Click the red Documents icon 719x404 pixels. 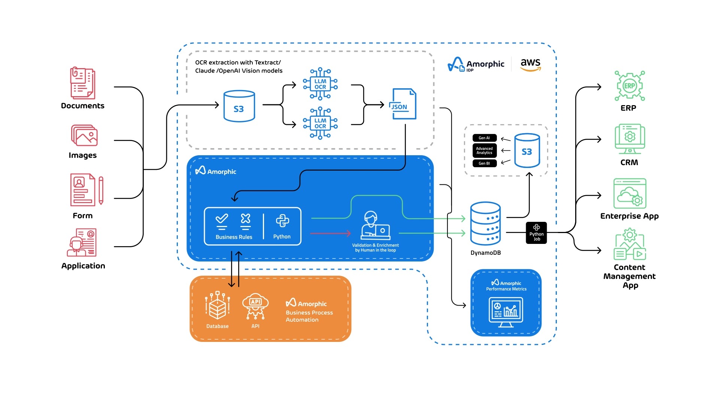(82, 83)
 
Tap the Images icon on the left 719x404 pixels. (84, 135)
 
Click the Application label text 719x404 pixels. (83, 266)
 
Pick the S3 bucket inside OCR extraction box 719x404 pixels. (239, 106)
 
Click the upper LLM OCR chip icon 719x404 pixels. (320, 84)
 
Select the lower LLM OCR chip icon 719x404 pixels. (320, 123)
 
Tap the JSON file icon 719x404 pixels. (403, 104)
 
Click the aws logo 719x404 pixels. (531, 64)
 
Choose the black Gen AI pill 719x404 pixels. (484, 138)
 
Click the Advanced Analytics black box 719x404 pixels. (484, 150)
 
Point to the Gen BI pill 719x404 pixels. (484, 163)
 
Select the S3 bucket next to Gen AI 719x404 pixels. (527, 151)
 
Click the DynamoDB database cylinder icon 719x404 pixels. (485, 224)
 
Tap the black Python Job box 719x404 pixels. (536, 233)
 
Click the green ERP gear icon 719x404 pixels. (629, 86)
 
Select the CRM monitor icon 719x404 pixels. (629, 139)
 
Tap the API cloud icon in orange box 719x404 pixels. (255, 306)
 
